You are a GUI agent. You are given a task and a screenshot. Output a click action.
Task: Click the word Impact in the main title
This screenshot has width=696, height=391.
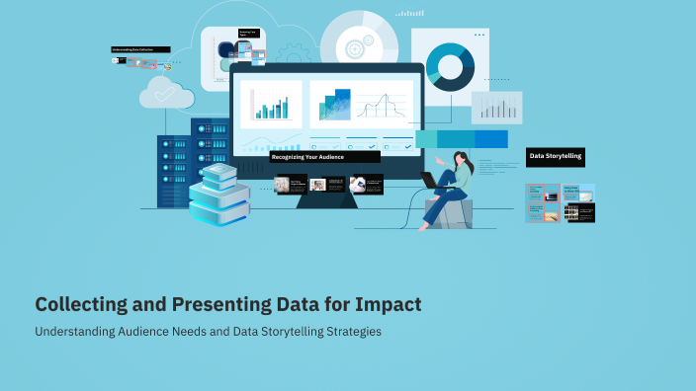coord(388,305)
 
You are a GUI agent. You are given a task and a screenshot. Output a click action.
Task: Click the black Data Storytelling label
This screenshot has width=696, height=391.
coord(556,156)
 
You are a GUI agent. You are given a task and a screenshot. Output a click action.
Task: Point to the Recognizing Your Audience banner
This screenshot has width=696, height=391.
coord(324,157)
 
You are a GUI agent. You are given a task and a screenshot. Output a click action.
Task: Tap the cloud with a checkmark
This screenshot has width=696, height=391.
coord(166,94)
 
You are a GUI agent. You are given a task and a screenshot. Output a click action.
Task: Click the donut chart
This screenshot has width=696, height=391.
coord(451,66)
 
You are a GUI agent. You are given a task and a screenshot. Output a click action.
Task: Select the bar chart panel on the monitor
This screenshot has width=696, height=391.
coord(271,105)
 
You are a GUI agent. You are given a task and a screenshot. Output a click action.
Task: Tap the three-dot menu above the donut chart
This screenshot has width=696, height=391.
coord(479,35)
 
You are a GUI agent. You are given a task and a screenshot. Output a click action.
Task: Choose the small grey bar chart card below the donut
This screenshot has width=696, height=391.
coord(496,108)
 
